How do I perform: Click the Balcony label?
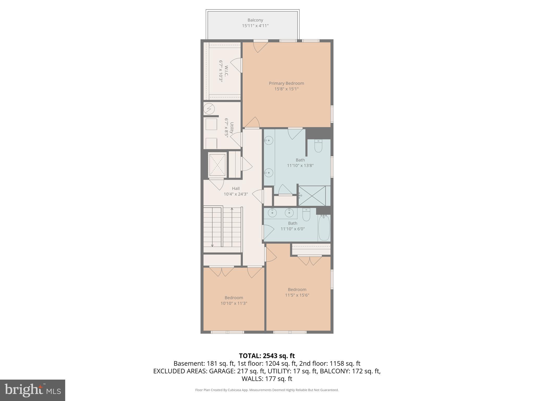pos(255,20)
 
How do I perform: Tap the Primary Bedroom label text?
pos(286,83)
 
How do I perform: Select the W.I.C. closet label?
pos(226,71)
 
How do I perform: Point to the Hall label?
pos(236,188)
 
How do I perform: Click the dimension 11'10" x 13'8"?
pos(300,166)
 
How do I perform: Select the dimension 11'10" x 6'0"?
pos(293,229)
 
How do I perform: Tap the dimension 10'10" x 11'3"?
pos(234,303)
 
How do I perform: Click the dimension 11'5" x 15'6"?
pos(297,295)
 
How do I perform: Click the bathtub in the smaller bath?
pos(324,228)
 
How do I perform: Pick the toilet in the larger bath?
pos(318,146)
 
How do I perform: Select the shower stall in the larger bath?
pos(312,196)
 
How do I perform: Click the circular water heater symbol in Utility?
pos(209,109)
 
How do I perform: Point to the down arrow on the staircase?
pos(212,245)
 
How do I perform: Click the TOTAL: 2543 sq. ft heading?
pos(267,356)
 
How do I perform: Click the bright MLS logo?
pos(33,390)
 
